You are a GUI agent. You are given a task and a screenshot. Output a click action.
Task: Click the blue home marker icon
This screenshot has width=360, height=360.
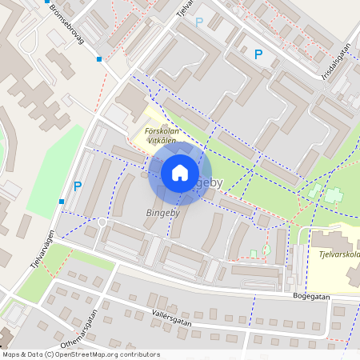tap(180, 173)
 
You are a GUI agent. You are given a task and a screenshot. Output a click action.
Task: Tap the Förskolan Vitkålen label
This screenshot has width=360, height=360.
tap(160, 135)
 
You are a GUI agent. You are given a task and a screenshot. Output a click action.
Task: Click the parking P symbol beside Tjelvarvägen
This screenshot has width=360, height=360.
tap(78, 186)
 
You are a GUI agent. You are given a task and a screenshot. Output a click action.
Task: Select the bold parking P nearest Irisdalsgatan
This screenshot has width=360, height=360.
tap(258, 54)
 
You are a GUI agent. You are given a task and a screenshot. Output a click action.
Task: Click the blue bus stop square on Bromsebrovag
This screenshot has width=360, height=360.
tap(99, 59)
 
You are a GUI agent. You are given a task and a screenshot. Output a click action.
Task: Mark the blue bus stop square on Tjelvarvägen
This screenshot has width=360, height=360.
tap(62, 202)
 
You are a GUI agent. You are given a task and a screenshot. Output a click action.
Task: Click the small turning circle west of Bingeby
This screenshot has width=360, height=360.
tap(102, 222)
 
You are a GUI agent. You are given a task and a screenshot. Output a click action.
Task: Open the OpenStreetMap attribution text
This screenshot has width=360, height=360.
tap(81, 354)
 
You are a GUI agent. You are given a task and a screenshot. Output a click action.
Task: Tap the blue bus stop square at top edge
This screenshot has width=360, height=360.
tap(47, 2)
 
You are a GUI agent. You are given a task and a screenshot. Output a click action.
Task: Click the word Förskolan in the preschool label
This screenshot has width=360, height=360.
tap(160, 130)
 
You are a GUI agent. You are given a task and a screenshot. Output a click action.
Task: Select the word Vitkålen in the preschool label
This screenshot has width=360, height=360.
tap(162, 141)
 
